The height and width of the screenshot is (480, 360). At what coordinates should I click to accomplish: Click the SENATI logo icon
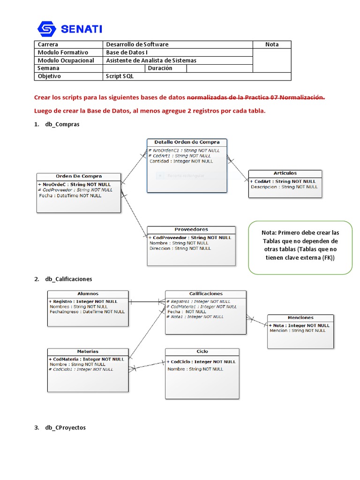pyautogui.click(x=46, y=29)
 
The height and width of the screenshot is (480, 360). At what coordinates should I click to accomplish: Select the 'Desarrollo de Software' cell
pyautogui.click(x=137, y=45)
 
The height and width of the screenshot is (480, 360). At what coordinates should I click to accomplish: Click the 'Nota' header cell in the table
pyautogui.click(x=272, y=45)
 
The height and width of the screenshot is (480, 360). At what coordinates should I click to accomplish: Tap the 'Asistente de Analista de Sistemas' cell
pyautogui.click(x=151, y=60)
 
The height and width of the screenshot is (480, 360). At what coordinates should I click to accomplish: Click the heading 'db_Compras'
pyautogui.click(x=62, y=124)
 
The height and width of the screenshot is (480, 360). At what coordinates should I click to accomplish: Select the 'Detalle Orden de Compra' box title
pyautogui.click(x=187, y=142)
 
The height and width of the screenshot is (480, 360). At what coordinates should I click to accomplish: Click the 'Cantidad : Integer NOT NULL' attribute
pyautogui.click(x=181, y=161)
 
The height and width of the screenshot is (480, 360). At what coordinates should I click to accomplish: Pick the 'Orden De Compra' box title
pyautogui.click(x=79, y=176)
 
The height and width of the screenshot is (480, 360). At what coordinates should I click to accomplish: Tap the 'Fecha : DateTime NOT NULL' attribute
pyautogui.click(x=70, y=195)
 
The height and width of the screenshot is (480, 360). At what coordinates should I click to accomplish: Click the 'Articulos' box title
pyautogui.click(x=285, y=173)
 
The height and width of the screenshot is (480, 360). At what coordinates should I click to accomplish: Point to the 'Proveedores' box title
pyautogui.click(x=191, y=230)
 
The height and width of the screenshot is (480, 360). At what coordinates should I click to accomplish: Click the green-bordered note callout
pyautogui.click(x=300, y=247)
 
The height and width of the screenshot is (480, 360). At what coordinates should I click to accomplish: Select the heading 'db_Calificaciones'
pyautogui.click(x=68, y=279)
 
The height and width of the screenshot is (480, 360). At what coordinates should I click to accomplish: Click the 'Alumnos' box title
pyautogui.click(x=88, y=294)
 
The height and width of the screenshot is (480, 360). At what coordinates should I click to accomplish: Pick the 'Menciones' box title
pyautogui.click(x=300, y=318)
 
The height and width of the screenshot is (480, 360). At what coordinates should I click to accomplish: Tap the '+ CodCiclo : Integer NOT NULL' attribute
pyautogui.click(x=201, y=362)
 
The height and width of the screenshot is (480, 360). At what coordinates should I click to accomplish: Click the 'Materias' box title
pyautogui.click(x=88, y=352)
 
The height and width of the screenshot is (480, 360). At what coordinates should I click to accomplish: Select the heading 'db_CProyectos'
pyautogui.click(x=65, y=427)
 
